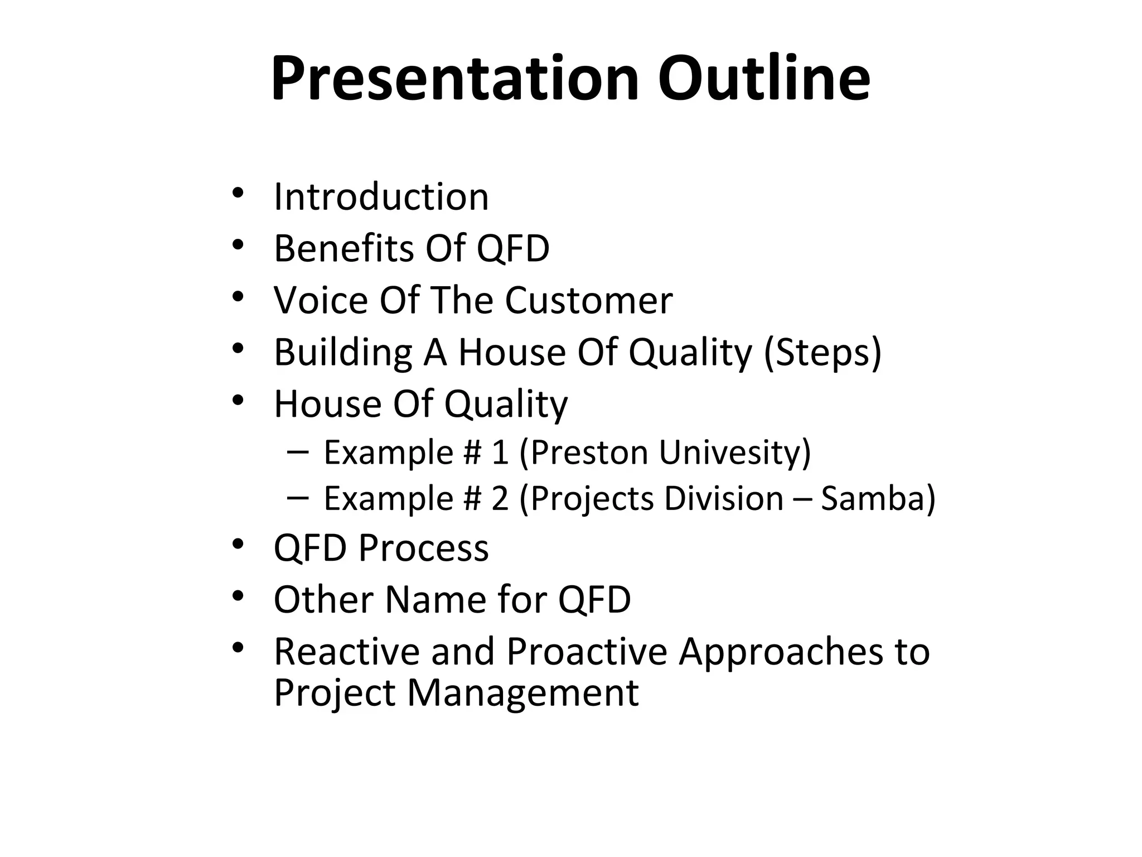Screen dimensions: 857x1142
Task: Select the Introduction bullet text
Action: click(381, 197)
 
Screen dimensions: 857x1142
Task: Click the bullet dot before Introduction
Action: click(238, 193)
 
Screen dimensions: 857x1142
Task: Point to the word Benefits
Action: click(342, 248)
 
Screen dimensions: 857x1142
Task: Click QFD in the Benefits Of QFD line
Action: click(513, 248)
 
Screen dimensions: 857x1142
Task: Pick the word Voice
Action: click(320, 300)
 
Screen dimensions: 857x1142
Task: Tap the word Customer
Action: click(589, 300)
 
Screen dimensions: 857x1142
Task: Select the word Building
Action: click(342, 353)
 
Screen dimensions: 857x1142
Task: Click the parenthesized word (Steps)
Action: click(822, 353)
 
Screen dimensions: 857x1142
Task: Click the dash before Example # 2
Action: click(298, 497)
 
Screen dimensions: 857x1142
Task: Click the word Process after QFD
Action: click(424, 548)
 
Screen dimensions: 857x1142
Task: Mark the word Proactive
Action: click(587, 652)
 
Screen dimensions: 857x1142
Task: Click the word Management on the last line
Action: click(522, 693)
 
